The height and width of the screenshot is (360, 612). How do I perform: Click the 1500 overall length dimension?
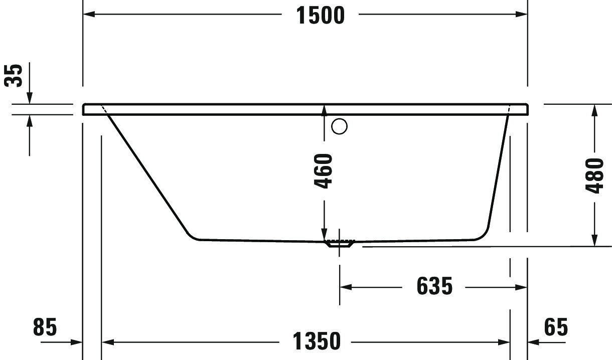[321, 15]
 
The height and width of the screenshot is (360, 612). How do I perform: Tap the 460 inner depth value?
[324, 171]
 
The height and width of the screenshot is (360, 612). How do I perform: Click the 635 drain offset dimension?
[434, 286]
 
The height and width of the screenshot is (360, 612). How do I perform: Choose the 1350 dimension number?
[317, 342]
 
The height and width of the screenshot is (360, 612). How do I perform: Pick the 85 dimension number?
[45, 327]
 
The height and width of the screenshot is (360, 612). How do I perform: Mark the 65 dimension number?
[555, 327]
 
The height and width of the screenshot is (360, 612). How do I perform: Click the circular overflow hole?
[340, 127]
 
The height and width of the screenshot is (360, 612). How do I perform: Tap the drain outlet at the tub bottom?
[340, 244]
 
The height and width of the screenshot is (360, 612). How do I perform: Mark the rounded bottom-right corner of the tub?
[485, 234]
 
